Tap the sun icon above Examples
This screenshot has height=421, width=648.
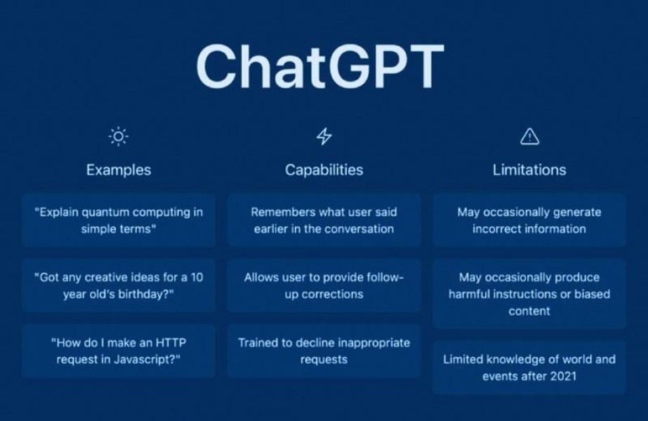click(119, 136)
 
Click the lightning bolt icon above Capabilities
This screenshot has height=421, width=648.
click(324, 136)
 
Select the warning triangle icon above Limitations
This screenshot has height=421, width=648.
click(529, 136)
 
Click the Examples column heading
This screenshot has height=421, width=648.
click(119, 170)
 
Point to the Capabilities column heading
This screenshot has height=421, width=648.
click(324, 170)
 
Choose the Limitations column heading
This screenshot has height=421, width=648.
click(529, 170)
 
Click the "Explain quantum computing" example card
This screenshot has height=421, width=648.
click(119, 220)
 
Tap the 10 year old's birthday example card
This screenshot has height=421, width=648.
click(119, 286)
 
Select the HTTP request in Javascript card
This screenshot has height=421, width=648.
click(119, 351)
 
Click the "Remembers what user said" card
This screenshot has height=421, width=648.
click(324, 220)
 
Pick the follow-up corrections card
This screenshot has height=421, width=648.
click(324, 286)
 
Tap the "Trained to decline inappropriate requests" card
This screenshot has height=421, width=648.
click(324, 351)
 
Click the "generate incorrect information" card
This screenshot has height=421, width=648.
click(529, 220)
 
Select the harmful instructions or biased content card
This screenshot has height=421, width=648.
click(529, 294)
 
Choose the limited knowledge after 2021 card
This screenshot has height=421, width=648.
click(529, 368)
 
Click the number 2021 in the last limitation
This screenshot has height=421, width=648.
click(561, 376)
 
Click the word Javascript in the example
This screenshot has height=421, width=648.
click(144, 360)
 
